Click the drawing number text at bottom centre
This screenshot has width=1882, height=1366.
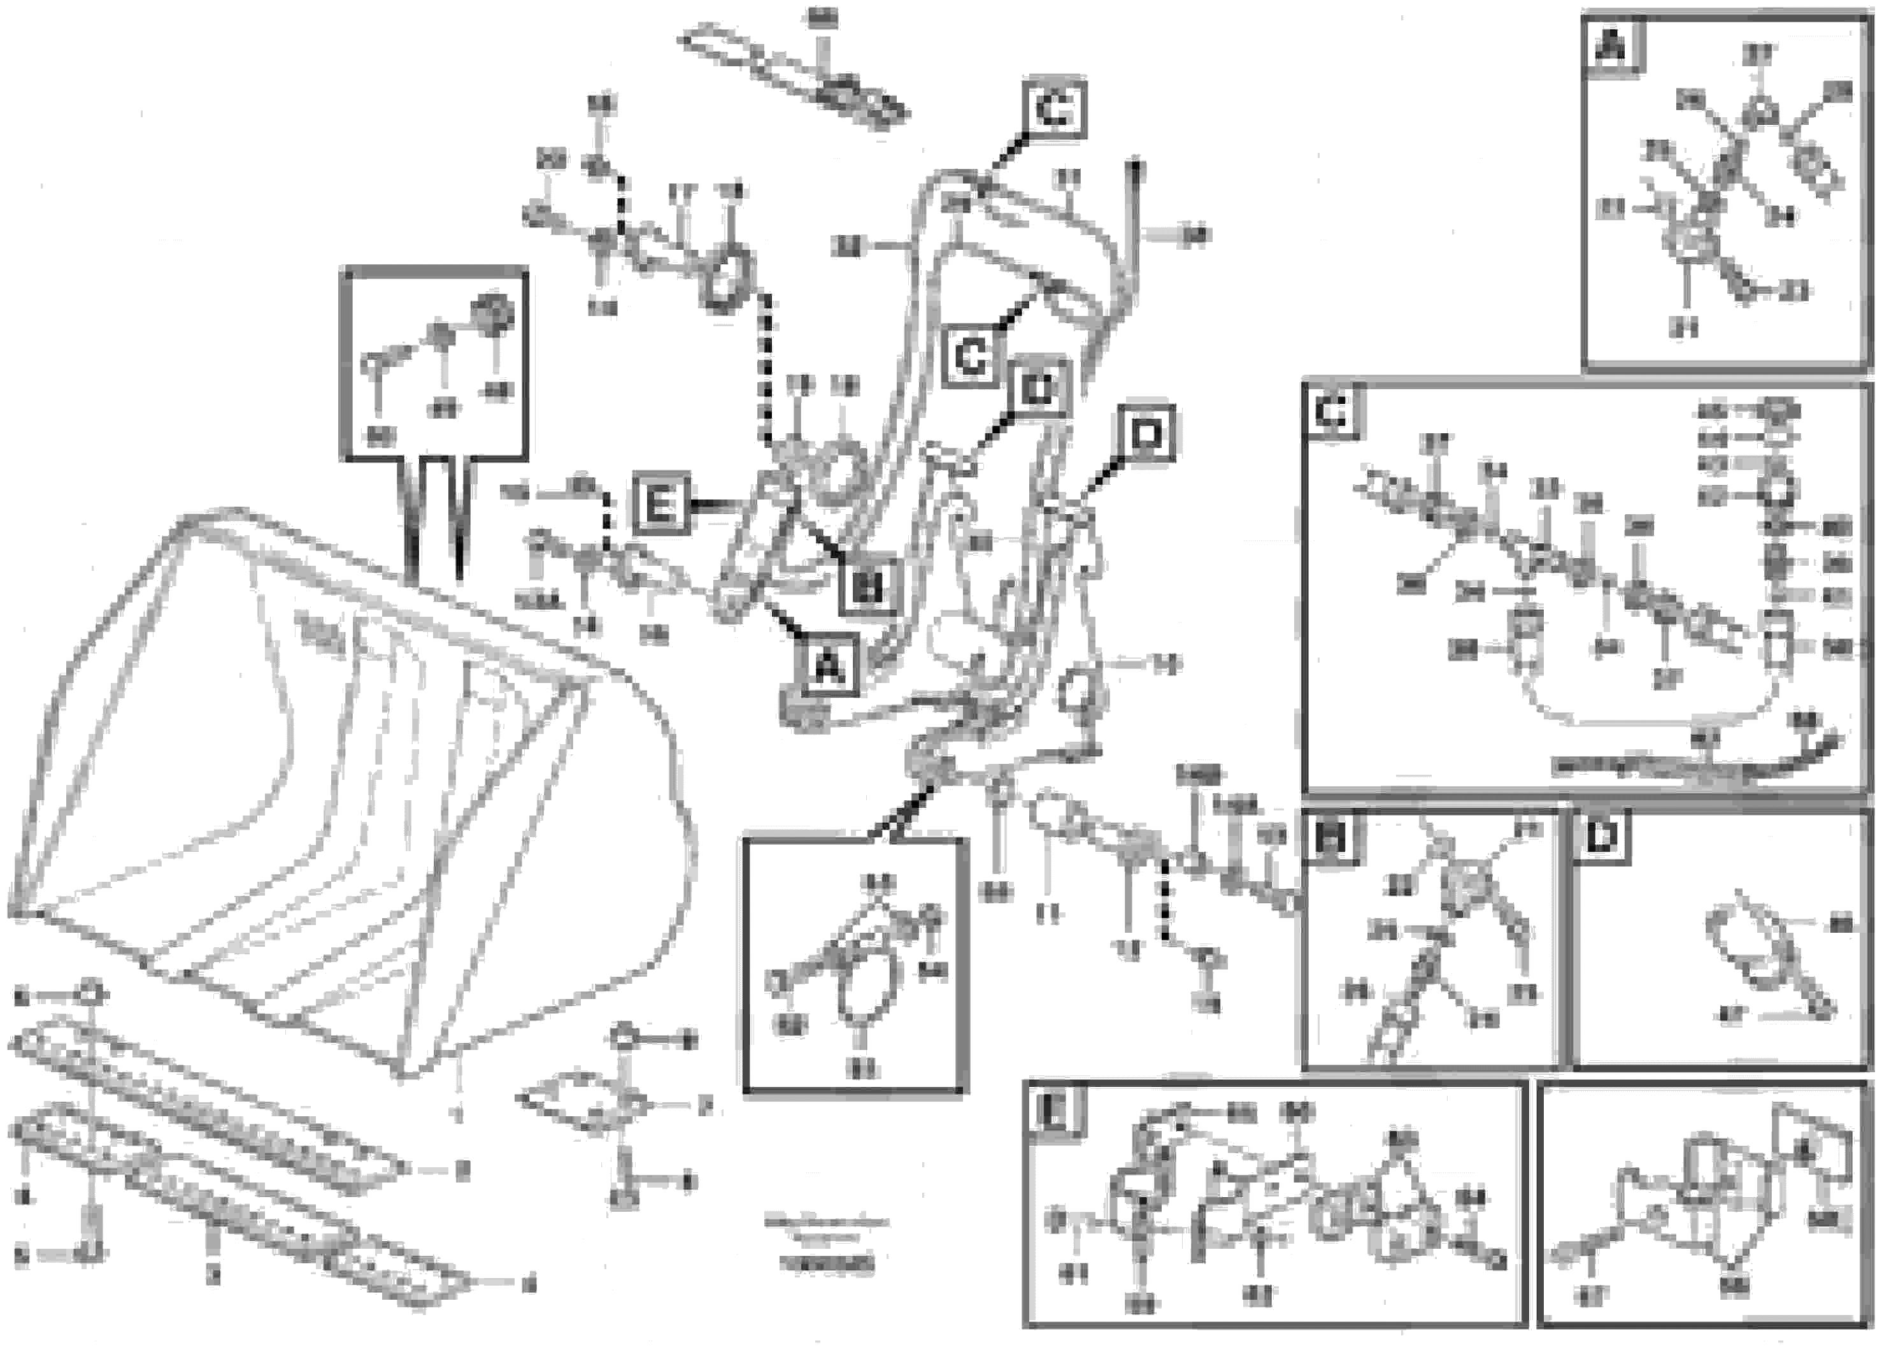click(x=825, y=1267)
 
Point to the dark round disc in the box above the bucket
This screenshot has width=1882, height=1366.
click(x=493, y=315)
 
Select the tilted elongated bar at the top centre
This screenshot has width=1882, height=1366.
click(x=792, y=79)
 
